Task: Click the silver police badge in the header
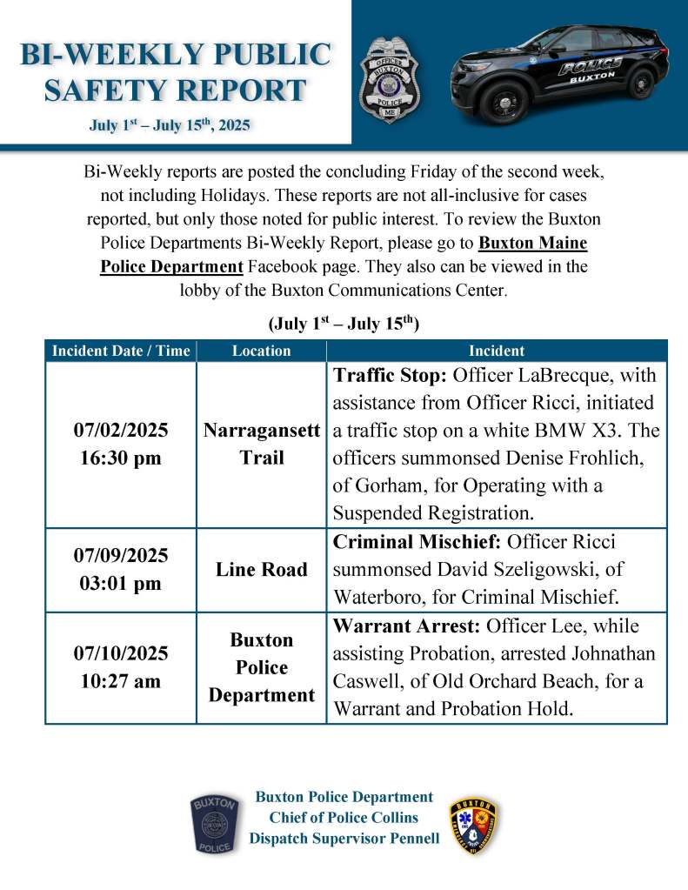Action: pyautogui.click(x=389, y=80)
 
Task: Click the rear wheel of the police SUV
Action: pyautogui.click(x=641, y=83)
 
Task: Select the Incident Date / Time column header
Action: pyautogui.click(x=121, y=351)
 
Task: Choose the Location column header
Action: pyautogui.click(x=261, y=351)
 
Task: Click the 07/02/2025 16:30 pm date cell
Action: pyautogui.click(x=121, y=445)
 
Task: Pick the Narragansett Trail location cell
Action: pyautogui.click(x=261, y=445)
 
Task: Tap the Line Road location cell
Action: pyautogui.click(x=261, y=570)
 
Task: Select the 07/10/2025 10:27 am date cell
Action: pyautogui.click(x=121, y=667)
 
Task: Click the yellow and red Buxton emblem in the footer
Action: pyautogui.click(x=474, y=825)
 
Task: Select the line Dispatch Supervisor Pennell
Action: pyautogui.click(x=344, y=839)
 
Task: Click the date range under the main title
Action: pyautogui.click(x=170, y=126)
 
